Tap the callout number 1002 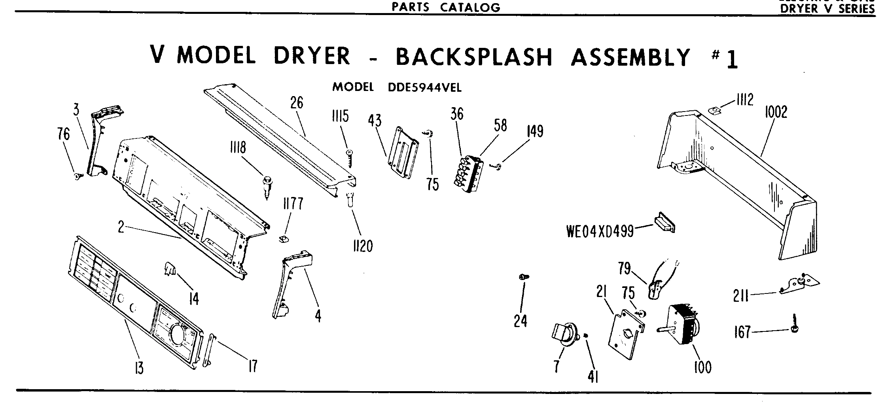pos(776,112)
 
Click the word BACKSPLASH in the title pos(473,57)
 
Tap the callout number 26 pos(297,103)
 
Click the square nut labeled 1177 pos(283,238)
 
